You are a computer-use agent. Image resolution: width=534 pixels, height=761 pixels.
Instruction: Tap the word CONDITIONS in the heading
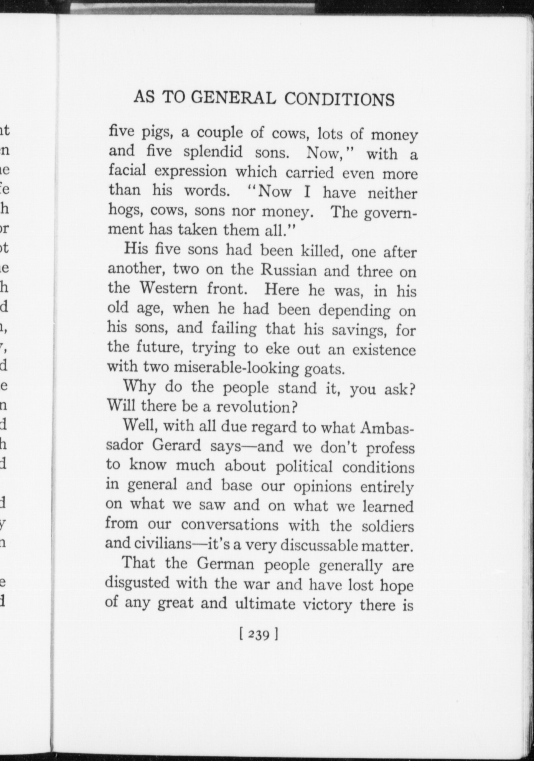339,99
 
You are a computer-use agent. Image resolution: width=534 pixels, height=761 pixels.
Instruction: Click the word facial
127,170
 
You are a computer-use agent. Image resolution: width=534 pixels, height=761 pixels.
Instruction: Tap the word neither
392,193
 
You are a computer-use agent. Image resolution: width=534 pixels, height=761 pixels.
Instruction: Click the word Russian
288,271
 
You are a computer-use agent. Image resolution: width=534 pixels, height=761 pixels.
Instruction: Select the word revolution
257,407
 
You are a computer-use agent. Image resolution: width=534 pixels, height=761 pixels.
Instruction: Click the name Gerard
176,445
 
